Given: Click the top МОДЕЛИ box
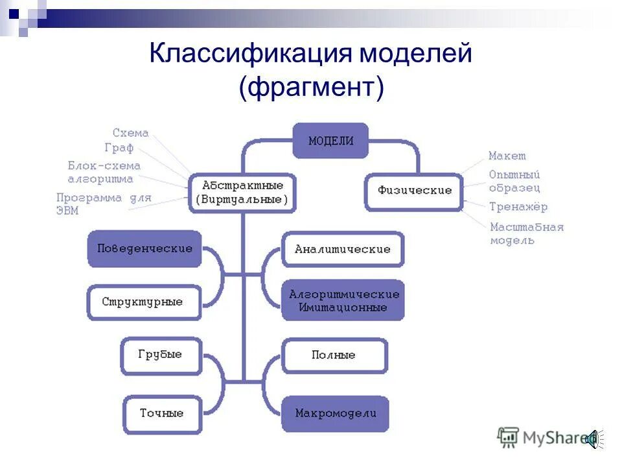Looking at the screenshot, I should coord(330,141).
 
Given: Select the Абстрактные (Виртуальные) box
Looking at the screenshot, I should coord(242,193).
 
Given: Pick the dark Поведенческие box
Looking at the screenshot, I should coord(144,248).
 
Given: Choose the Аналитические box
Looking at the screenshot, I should coord(343,249).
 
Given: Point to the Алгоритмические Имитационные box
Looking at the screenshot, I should coord(343,300).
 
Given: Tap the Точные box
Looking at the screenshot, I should coord(161,413).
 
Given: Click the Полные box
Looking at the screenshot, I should coord(334,355).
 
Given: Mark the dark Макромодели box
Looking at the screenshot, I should coord(335,413).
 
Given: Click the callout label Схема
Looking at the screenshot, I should coord(130,133).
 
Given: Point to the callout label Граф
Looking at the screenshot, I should coord(119,148).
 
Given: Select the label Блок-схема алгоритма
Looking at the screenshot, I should coord(104,172).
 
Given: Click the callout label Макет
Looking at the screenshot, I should coord(507,156).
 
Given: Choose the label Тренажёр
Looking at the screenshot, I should coord(518,207).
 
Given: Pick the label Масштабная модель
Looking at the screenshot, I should coord(526,233).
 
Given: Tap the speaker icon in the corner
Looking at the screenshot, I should coord(592,439).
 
